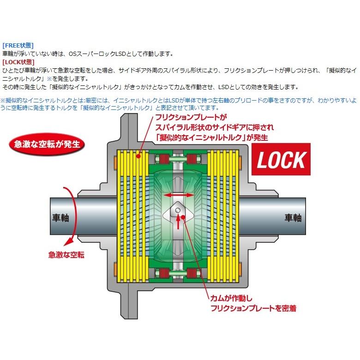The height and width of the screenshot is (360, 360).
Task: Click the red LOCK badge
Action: tap(280, 160)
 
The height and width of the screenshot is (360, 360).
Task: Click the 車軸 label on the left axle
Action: tap(59, 218)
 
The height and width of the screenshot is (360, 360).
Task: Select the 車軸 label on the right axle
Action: tap(294, 218)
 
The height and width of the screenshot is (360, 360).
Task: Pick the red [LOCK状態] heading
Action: tap(18, 61)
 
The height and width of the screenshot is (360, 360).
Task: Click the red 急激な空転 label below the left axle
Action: tap(66, 254)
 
